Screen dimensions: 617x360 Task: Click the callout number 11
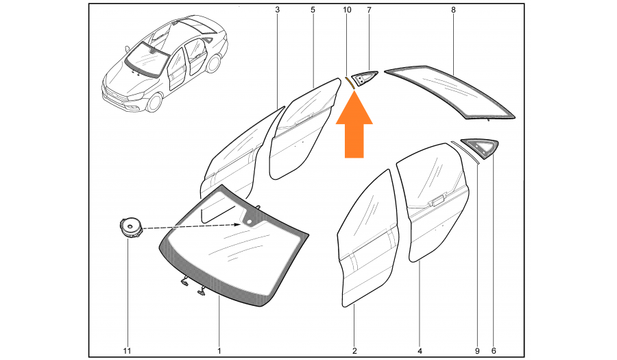pyautogui.click(x=127, y=351)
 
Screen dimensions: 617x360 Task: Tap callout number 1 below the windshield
pyautogui.click(x=219, y=351)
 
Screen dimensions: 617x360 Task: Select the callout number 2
pyautogui.click(x=354, y=351)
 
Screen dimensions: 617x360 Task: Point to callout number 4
pyautogui.click(x=420, y=351)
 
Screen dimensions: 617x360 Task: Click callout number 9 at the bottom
pyautogui.click(x=477, y=351)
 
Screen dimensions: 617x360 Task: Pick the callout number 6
pyautogui.click(x=494, y=351)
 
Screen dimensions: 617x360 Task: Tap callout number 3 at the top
pyautogui.click(x=278, y=10)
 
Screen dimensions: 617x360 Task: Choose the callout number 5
pyautogui.click(x=313, y=10)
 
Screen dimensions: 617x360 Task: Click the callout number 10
pyautogui.click(x=347, y=10)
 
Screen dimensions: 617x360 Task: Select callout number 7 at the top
pyautogui.click(x=369, y=10)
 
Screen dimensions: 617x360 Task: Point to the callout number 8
pyautogui.click(x=453, y=10)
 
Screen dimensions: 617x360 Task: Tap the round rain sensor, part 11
pyautogui.click(x=130, y=228)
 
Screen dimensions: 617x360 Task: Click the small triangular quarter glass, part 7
pyautogui.click(x=363, y=78)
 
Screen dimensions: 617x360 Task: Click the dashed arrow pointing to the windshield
pyautogui.click(x=192, y=226)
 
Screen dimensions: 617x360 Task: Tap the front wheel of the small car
pyautogui.click(x=154, y=102)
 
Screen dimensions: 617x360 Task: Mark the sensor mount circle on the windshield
pyautogui.click(x=249, y=222)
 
